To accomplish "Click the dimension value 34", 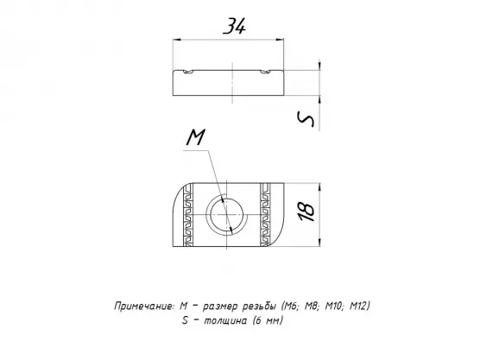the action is click(235, 26).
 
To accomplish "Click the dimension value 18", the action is click(306, 212).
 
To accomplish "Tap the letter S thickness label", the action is click(306, 119).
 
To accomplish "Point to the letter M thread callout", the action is click(196, 137).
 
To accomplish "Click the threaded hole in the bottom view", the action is click(226, 215).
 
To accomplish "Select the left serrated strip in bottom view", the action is click(188, 215).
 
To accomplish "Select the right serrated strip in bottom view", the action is click(265, 215).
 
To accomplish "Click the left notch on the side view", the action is click(188, 72).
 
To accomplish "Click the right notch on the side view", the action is click(266, 72).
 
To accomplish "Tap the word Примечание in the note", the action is click(144, 306).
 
